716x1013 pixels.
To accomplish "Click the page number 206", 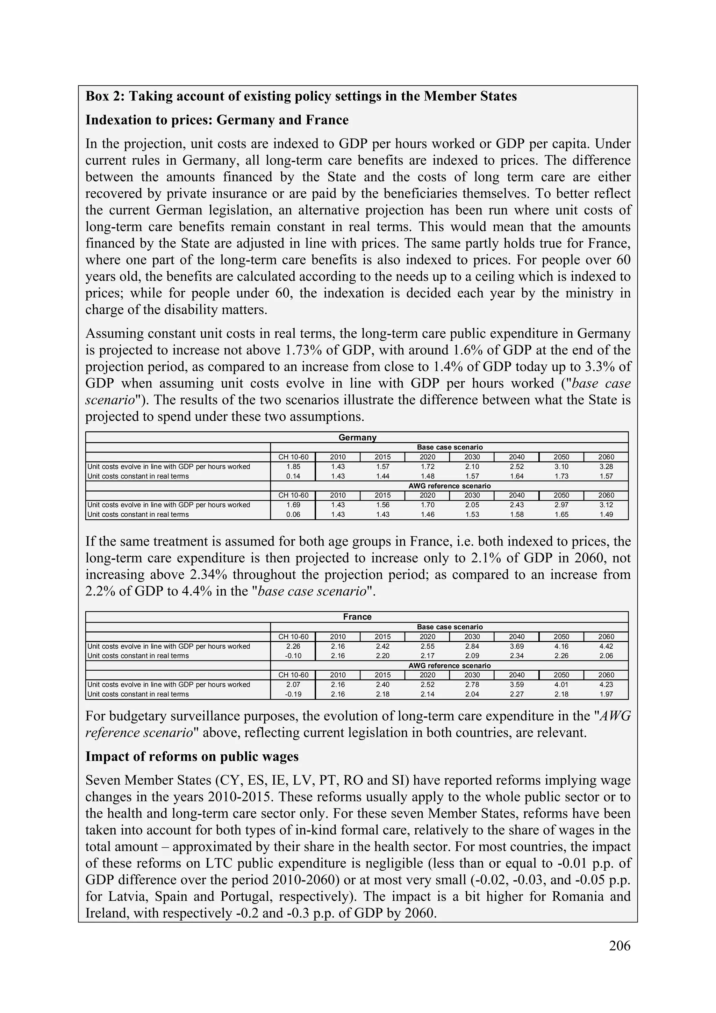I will coord(620,946).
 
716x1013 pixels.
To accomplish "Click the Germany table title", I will coord(357,437).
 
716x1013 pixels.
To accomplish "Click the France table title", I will coord(357,617).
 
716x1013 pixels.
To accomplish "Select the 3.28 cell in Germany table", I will coord(606,467).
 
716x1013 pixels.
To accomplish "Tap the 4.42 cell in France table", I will coord(606,646).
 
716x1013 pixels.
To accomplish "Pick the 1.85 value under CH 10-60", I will coord(293,467).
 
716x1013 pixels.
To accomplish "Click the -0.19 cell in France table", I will coord(293,694).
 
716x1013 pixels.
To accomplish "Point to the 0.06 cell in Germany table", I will coord(293,514).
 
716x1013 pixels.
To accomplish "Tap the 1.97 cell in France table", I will coord(606,694).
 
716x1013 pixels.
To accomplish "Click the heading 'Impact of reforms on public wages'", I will coord(192,756).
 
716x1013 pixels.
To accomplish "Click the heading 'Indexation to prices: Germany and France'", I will coord(217,120).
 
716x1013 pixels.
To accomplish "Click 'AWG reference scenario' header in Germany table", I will coord(449,486).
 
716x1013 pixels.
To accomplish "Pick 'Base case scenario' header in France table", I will coord(449,627).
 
